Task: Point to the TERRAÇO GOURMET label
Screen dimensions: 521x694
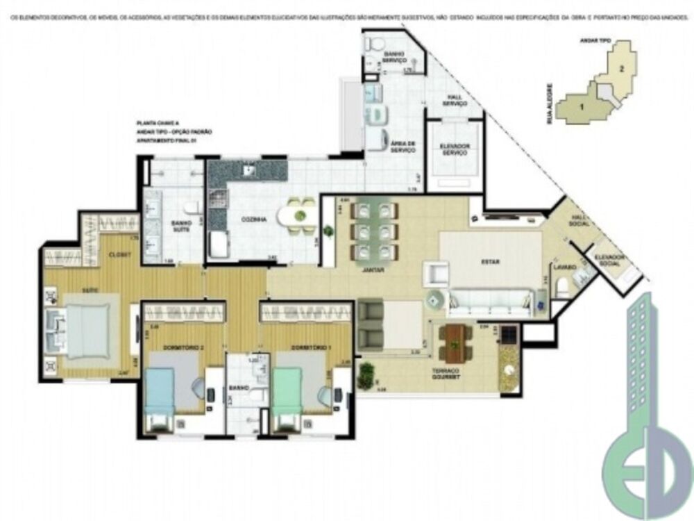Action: tap(449, 375)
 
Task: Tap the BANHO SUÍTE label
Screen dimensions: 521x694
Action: tap(181, 226)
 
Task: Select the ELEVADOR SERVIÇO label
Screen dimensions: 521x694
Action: tap(455, 149)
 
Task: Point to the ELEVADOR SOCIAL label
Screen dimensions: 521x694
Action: tap(609, 260)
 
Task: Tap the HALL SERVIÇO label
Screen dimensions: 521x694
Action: tap(455, 101)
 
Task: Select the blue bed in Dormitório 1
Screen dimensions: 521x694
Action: tap(288, 392)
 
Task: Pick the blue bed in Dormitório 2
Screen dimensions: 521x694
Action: tap(161, 393)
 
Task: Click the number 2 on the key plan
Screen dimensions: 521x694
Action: tap(623, 68)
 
